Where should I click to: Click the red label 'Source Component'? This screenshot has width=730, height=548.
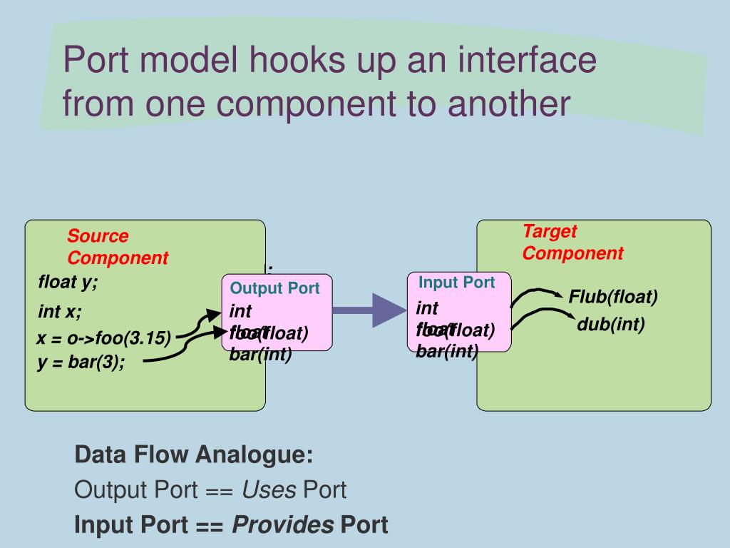(x=118, y=247)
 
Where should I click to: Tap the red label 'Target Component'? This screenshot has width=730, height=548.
(x=572, y=242)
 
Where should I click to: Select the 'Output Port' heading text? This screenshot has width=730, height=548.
(x=275, y=288)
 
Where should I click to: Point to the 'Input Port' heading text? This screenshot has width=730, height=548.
(x=456, y=282)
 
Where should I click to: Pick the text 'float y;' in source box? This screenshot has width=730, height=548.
(x=68, y=282)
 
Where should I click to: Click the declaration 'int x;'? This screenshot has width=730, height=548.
(x=60, y=312)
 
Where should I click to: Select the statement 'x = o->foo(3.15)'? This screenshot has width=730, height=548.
(x=104, y=339)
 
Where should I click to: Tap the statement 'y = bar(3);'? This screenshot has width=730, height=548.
(x=81, y=362)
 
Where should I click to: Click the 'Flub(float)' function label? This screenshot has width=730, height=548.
(x=613, y=296)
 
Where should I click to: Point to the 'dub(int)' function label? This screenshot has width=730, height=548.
(x=611, y=325)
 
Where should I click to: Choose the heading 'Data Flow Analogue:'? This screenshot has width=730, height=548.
(x=194, y=455)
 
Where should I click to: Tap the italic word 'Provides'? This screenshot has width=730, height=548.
(x=284, y=525)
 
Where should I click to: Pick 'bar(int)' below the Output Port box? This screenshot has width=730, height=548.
(x=260, y=354)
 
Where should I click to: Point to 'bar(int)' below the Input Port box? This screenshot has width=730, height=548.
(x=447, y=351)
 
